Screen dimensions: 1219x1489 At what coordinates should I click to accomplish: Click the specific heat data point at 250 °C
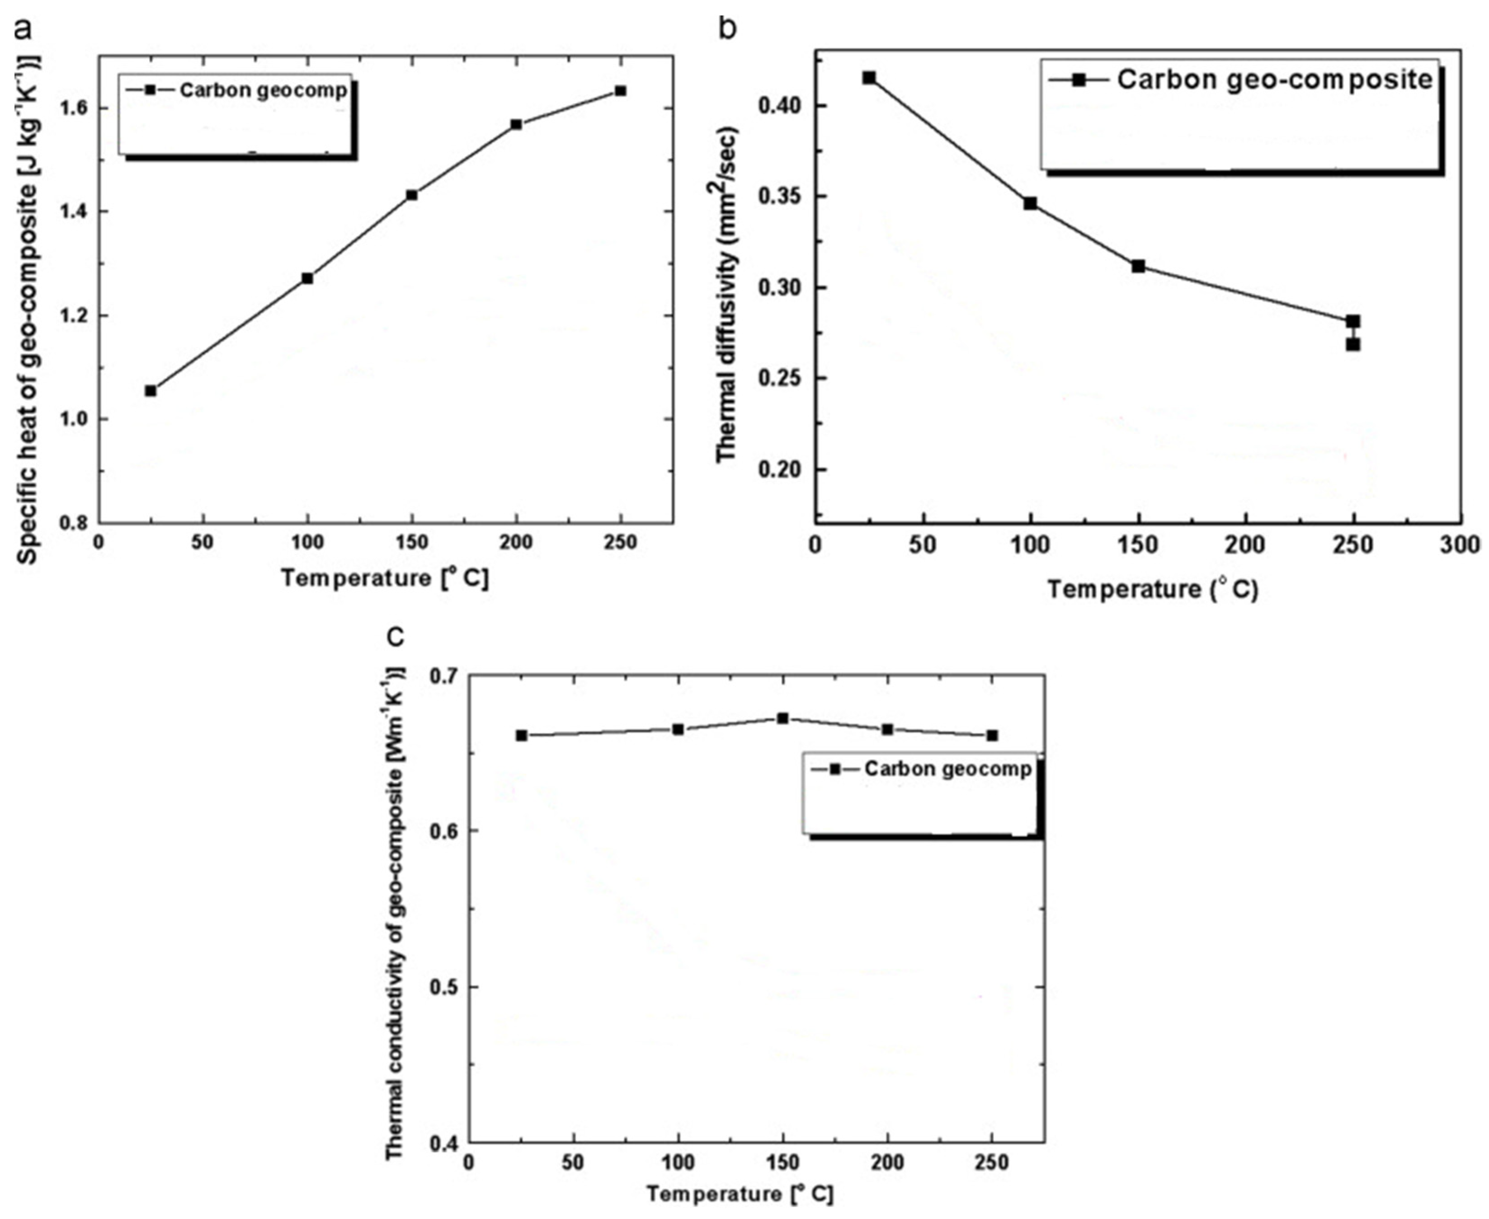click(x=619, y=91)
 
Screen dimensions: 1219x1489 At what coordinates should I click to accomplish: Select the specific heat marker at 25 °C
click(x=151, y=390)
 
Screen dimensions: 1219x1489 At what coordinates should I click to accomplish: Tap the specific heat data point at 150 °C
click(x=412, y=195)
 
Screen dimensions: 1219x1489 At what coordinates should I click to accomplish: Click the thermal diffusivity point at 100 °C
click(x=1030, y=204)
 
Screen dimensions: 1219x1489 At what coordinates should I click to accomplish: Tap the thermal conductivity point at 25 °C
click(x=521, y=735)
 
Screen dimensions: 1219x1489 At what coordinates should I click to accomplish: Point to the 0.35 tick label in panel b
click(x=781, y=197)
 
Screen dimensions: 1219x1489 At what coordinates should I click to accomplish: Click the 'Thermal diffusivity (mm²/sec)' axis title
click(x=727, y=295)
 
